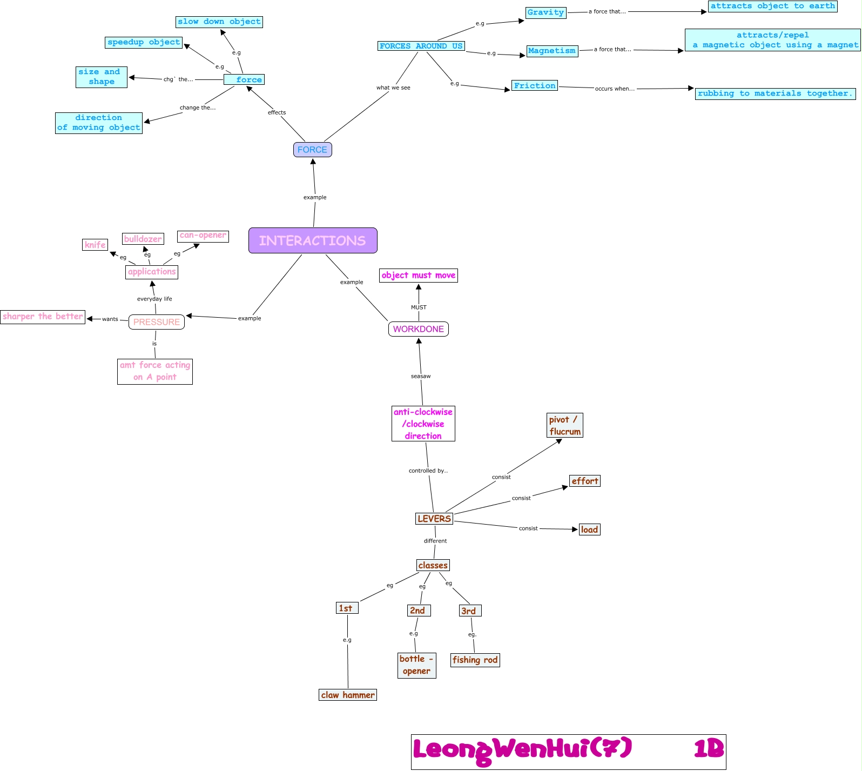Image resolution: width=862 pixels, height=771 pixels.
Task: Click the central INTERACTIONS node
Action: click(313, 240)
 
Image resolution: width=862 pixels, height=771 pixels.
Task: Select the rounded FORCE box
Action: click(312, 150)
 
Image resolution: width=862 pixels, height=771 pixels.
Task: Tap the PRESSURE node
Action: click(157, 322)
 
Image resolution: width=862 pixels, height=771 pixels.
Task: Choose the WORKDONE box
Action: click(419, 329)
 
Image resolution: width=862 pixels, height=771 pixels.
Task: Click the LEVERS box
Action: click(434, 519)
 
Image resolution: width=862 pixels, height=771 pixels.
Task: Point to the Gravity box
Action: click(546, 12)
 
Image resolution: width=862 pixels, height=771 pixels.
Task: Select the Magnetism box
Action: click(552, 51)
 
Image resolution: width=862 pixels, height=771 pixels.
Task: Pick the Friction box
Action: click(535, 86)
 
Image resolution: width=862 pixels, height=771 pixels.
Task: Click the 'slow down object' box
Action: click(219, 22)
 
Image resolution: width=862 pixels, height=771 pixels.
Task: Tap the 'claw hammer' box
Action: click(348, 695)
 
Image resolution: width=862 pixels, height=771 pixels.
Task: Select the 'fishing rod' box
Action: click(475, 660)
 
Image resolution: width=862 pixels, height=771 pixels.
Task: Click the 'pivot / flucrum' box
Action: click(565, 425)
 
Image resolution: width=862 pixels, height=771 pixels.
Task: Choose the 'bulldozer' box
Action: click(143, 239)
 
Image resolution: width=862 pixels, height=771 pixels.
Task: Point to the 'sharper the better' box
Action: click(43, 317)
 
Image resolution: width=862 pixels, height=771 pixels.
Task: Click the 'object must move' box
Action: click(419, 276)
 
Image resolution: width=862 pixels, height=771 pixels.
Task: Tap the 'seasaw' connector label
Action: click(421, 376)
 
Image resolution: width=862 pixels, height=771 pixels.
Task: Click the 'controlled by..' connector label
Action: click(428, 471)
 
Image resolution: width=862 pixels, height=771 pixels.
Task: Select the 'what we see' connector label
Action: click(393, 88)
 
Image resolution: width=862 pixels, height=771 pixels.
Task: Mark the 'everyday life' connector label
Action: click(154, 299)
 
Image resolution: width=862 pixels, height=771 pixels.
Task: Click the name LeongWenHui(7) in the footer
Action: click(522, 749)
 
